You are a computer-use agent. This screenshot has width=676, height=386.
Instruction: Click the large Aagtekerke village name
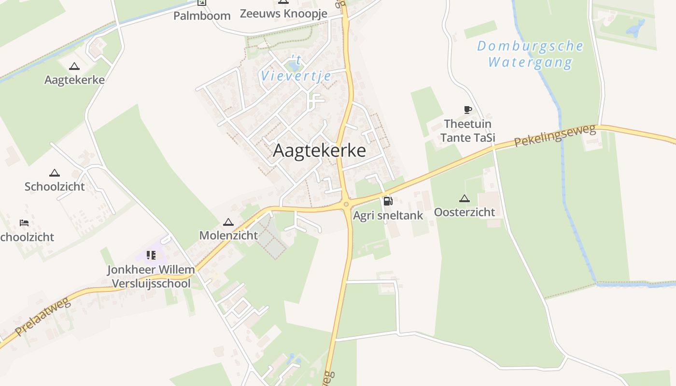tap(319, 151)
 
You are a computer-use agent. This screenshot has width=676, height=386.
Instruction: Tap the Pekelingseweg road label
tap(553, 135)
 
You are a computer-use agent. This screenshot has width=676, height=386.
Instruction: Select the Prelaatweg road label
tap(42, 317)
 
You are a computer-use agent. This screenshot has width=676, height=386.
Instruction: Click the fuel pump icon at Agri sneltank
tap(388, 201)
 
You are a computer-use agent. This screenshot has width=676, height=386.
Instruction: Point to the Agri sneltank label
tap(388, 216)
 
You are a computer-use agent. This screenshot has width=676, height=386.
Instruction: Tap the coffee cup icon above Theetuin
tap(467, 110)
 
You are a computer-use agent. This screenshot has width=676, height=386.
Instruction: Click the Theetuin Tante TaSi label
tap(467, 131)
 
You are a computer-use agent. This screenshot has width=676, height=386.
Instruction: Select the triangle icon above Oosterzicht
tap(464, 198)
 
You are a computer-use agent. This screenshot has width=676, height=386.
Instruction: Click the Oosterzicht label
tap(464, 212)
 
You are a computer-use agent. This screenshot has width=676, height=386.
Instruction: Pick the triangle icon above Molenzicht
tap(228, 222)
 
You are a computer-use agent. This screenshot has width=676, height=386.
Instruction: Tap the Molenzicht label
tap(228, 236)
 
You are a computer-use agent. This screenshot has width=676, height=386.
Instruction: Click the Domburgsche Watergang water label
tap(530, 54)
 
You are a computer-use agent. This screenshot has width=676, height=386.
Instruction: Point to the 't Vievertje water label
tap(296, 69)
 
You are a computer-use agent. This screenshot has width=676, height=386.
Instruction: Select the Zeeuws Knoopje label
tap(283, 14)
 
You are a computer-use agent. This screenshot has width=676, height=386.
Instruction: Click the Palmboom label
tap(202, 16)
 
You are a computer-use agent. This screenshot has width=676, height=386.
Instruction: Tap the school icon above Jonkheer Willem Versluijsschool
tap(151, 255)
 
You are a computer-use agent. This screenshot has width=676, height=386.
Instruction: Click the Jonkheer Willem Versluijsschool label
tap(151, 276)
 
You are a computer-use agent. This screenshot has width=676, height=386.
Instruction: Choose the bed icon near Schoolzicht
tap(24, 222)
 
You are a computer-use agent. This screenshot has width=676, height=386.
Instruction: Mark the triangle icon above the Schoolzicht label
tap(55, 173)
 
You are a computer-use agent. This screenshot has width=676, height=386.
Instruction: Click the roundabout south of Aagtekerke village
tap(346, 205)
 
